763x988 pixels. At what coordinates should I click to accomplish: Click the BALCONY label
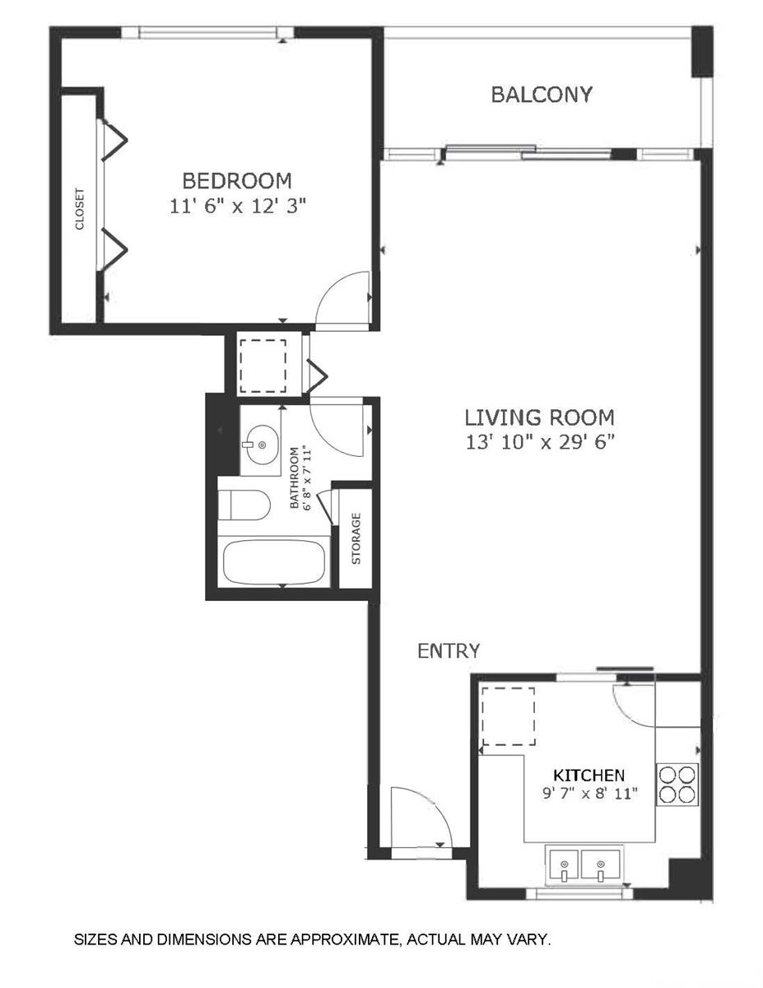pyautogui.click(x=542, y=95)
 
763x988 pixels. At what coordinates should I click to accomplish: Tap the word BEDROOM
pyautogui.click(x=237, y=181)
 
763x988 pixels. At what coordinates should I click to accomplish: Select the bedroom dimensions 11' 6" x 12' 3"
pyautogui.click(x=237, y=206)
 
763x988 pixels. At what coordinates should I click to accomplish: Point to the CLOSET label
pyautogui.click(x=80, y=209)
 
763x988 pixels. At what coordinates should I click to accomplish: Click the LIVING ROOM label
pyautogui.click(x=539, y=417)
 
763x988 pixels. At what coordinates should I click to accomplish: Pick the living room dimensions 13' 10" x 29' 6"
pyautogui.click(x=540, y=442)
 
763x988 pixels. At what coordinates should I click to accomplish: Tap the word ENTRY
pyautogui.click(x=449, y=651)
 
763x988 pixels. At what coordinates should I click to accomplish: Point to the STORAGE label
pyautogui.click(x=356, y=538)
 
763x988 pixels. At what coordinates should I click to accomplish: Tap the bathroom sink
pyautogui.click(x=260, y=445)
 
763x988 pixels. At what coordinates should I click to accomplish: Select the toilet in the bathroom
pyautogui.click(x=244, y=506)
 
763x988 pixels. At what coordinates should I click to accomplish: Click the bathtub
pyautogui.click(x=274, y=562)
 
